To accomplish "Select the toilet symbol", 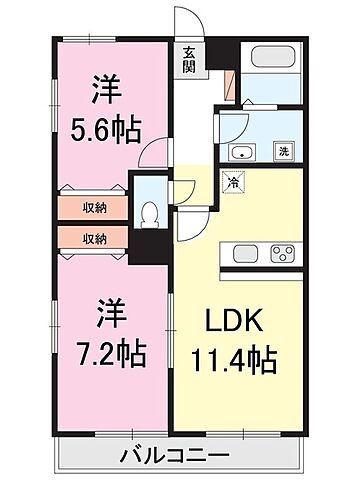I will (x=148, y=213).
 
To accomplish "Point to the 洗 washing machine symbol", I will (x=283, y=152).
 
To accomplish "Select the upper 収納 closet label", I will (x=95, y=208).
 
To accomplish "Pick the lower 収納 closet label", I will (x=95, y=238).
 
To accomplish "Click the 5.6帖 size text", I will (x=104, y=128).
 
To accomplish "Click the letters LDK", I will (x=235, y=323).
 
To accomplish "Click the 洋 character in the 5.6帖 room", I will (x=104, y=90).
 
